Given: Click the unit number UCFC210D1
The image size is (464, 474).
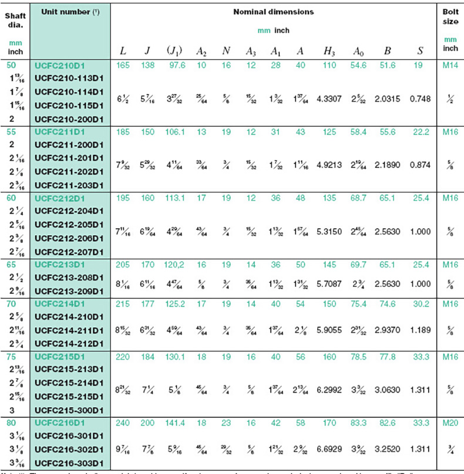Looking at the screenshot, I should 59,65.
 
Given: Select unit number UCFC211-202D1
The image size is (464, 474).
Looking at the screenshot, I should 69,172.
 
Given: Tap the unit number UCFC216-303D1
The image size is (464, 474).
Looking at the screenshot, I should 69,463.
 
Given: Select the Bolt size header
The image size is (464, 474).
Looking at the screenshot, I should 450,16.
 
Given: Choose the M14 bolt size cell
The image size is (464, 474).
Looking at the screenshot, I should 450,65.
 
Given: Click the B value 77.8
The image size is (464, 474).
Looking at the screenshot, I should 388,357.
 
